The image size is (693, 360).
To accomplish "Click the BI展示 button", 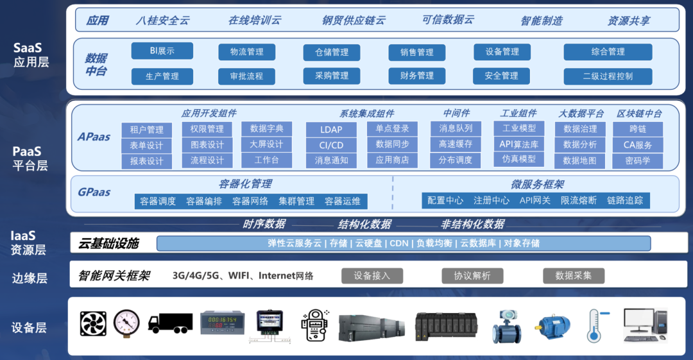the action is coord(162,51).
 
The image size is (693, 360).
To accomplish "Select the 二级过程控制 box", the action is coord(608,76).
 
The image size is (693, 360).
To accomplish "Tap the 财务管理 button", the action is coord(417,76).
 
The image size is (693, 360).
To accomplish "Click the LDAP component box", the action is coord(331,130).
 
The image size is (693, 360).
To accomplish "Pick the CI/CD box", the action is coord(331,145).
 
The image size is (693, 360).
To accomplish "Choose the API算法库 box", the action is coord(519,144).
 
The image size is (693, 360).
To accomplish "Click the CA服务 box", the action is coord(637,145).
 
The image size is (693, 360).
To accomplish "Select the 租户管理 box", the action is coord(147,130).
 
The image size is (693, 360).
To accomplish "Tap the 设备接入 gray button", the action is coord(372,275).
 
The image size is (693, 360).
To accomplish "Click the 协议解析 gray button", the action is coord(472,275).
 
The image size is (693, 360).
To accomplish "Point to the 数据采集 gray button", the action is coord(574,275).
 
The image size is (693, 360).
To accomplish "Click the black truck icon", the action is coord(170,323).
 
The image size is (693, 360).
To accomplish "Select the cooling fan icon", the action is coord(93,323).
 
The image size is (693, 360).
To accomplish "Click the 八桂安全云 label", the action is coord(163,21).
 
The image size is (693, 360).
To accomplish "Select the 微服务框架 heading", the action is coord(538,184).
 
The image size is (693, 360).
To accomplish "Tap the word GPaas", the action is coord(94,193).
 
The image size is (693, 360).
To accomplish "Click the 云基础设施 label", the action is coord(108,243).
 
